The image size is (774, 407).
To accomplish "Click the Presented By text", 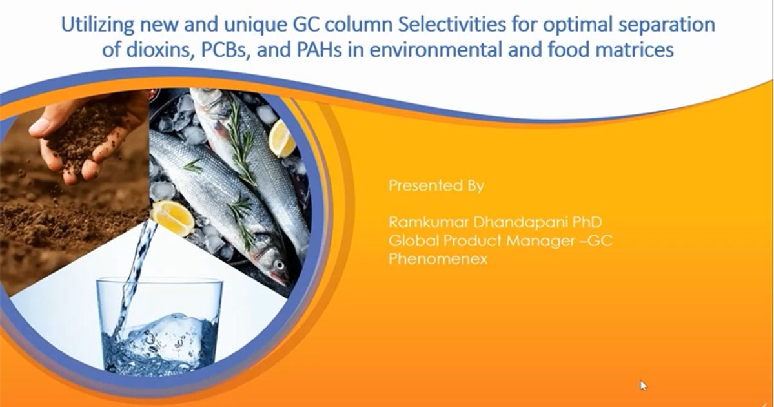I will pyautogui.click(x=436, y=186).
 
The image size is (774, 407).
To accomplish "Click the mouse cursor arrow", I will pyautogui.click(x=643, y=386).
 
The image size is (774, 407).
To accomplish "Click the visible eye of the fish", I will pyautogui.click(x=278, y=265).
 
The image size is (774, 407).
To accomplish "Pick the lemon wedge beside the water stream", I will pyautogui.click(x=173, y=218).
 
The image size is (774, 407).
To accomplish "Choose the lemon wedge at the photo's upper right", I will pyautogui.click(x=283, y=138).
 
